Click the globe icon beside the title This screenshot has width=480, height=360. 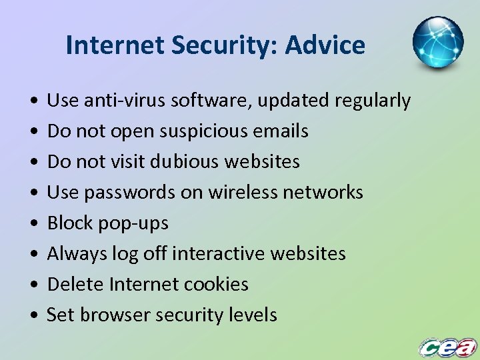click(438, 42)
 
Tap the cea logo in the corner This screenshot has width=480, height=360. click(447, 347)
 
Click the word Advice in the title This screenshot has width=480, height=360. click(325, 45)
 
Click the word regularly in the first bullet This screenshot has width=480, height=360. click(373, 101)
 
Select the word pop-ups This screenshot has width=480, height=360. click(133, 223)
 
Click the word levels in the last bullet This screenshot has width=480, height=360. click(252, 315)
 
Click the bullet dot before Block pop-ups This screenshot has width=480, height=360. click(33, 224)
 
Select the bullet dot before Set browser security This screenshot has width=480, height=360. click(33, 316)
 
